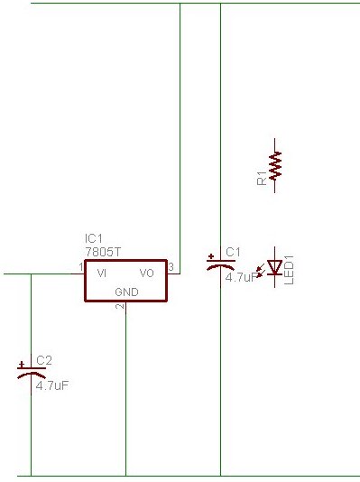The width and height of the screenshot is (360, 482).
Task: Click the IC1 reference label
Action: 93,238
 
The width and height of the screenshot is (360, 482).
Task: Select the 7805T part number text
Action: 103,252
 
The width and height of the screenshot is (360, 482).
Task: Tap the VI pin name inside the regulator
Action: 102,273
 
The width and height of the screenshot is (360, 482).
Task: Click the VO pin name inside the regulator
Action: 146,273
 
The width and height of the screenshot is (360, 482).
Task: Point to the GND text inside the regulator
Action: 126,292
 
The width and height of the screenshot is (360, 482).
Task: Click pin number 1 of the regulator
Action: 81,267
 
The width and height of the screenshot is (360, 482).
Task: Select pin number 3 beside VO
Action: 171,267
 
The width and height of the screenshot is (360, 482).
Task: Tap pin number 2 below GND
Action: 119,306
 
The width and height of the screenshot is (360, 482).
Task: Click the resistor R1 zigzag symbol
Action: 275,165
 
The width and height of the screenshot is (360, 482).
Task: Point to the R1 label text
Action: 262,179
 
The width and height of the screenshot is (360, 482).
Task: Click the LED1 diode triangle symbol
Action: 274,267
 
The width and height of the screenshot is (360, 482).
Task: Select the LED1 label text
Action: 289,270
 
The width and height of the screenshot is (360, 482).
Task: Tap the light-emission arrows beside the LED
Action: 260,271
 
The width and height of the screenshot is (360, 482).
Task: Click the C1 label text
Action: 233,253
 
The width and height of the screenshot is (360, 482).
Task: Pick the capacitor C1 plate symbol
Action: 220,264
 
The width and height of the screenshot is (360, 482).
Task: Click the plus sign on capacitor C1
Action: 211,256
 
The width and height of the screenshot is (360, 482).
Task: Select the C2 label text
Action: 44,360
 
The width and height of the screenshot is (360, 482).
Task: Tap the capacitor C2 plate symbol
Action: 32,372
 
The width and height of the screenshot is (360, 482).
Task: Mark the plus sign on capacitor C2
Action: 21,365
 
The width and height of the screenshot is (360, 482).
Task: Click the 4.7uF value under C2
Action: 52,385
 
